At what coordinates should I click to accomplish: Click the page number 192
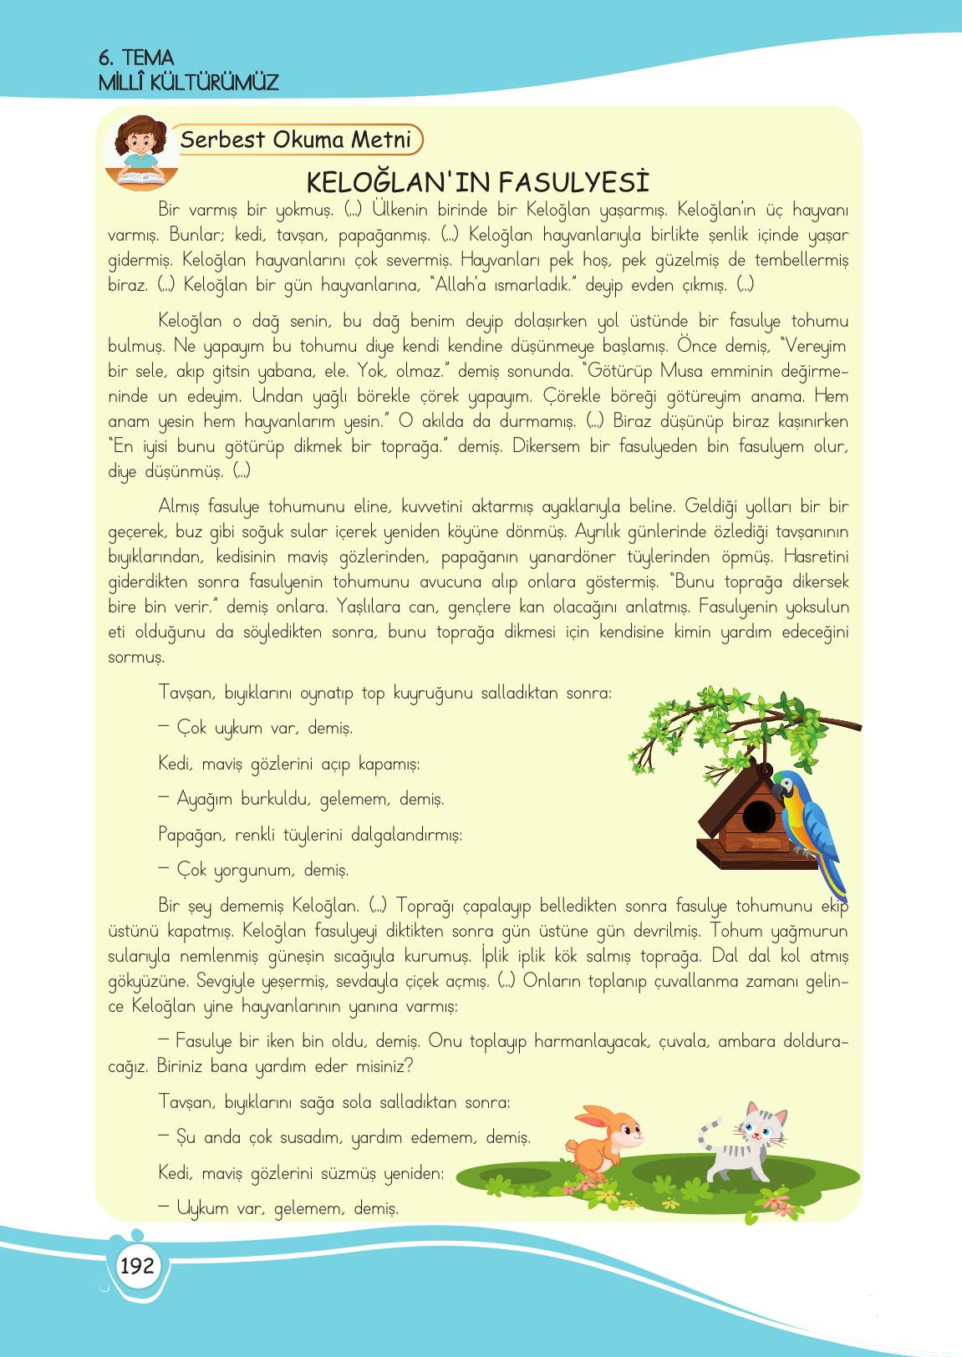137,1266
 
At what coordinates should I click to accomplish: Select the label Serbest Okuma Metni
296,140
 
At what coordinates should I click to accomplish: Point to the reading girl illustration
140,150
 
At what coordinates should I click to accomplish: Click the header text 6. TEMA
136,58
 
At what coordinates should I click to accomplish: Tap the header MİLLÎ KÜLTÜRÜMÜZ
188,83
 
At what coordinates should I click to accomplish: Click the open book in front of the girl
140,176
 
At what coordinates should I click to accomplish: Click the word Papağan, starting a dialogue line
191,834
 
